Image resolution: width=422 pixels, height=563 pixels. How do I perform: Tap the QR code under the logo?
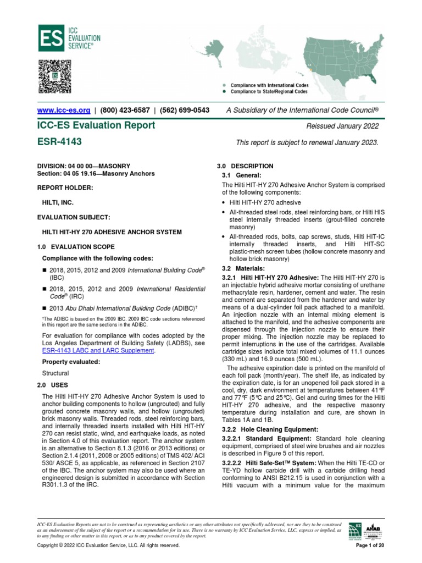[55, 76]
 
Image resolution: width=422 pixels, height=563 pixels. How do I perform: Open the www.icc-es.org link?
[63, 110]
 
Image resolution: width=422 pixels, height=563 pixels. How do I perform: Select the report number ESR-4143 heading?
[59, 142]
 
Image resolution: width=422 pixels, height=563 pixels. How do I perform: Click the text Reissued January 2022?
[343, 126]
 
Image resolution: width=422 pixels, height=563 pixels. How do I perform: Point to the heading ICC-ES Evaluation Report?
[96, 125]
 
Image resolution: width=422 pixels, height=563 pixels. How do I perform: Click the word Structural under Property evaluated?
[55, 373]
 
